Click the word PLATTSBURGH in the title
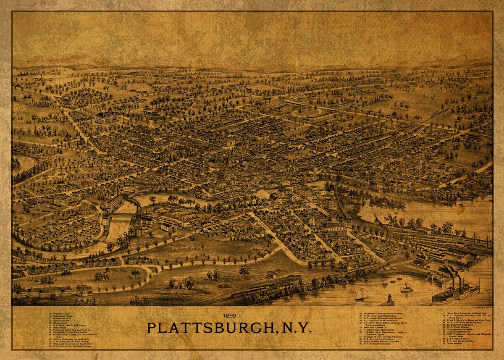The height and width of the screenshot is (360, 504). click(210, 328)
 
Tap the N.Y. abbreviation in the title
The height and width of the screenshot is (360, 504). click(296, 328)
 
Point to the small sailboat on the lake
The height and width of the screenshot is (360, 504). click(360, 295)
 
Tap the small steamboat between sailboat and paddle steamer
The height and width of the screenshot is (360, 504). click(406, 288)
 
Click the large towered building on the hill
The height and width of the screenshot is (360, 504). click(107, 116)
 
